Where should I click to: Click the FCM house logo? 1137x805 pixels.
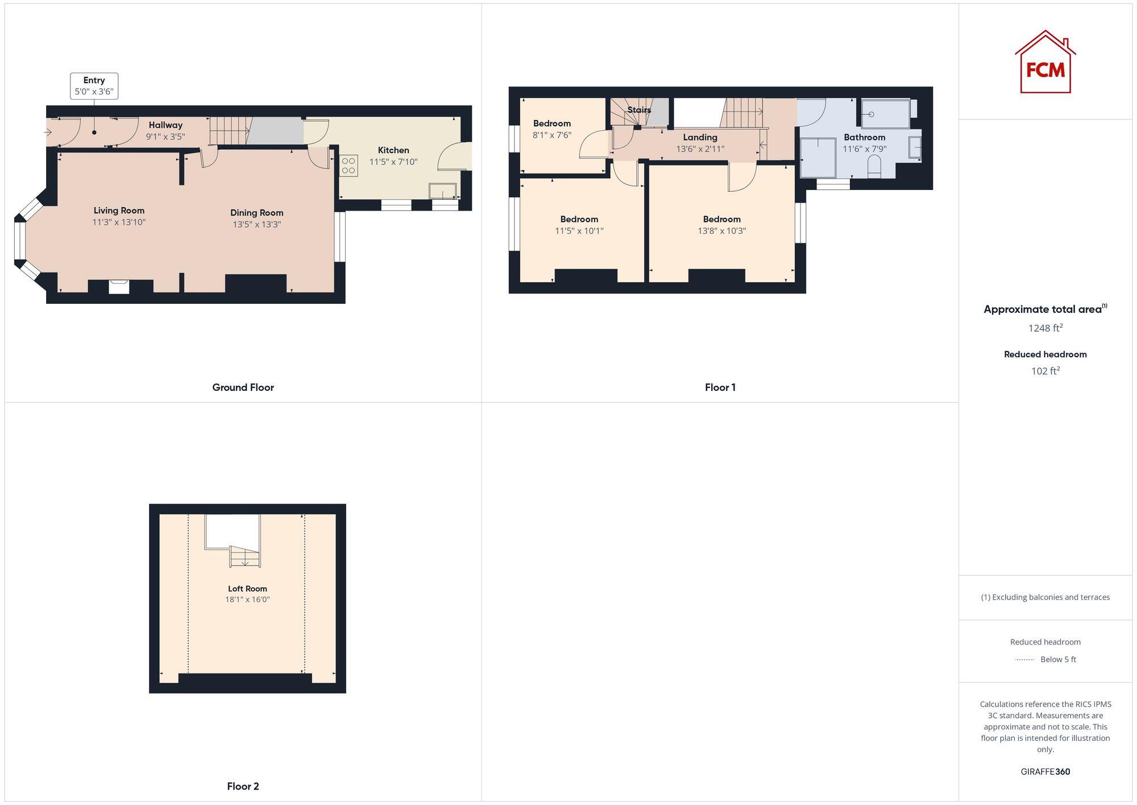pos(1045,63)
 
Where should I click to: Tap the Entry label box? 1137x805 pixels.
pos(94,86)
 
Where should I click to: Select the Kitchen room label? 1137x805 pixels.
pos(393,150)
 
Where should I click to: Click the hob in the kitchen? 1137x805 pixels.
pos(348,166)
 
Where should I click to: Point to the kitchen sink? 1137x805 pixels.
pos(442,191)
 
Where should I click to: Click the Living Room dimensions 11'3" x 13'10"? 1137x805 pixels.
pos(119,222)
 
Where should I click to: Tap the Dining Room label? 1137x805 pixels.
pos(256,213)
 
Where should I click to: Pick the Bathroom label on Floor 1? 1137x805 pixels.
pos(864,137)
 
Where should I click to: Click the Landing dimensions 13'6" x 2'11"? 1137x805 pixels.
pos(700,149)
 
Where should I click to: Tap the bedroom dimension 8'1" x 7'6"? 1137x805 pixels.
pos(551,135)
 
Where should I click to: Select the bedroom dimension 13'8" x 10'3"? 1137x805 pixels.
pos(721,231)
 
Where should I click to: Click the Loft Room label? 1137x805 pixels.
pos(247,589)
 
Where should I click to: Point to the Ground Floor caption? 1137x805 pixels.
pos(243,387)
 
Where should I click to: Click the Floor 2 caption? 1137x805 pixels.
pos(243,786)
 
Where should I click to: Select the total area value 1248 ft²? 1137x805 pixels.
pos(1045,328)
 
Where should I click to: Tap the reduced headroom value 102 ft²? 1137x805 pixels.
pos(1045,371)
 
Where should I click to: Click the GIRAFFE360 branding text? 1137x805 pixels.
pos(1045,772)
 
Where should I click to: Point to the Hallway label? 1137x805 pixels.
pos(165,125)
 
